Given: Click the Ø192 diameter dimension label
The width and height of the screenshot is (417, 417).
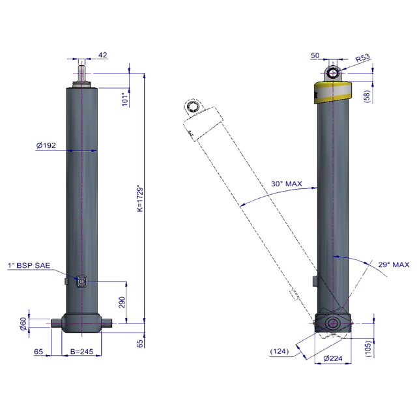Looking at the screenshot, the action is tap(46, 145).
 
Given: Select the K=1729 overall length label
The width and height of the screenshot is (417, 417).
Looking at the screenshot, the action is tap(141, 198).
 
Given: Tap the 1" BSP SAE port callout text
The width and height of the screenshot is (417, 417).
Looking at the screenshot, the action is tap(29, 265).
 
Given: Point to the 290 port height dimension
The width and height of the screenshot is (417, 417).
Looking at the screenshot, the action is tap(122, 302).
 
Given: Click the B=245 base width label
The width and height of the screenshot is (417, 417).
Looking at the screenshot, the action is tap(81, 351).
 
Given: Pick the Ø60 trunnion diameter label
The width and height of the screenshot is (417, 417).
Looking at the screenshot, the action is tap(23, 324).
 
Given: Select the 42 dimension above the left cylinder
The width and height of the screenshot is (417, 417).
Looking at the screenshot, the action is tap(103, 55).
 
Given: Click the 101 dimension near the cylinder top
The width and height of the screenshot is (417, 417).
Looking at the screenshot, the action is tap(125, 99).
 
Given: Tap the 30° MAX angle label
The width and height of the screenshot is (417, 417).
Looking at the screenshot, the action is tap(287, 184).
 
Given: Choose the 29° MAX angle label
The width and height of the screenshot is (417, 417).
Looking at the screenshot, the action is tap(394, 265).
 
